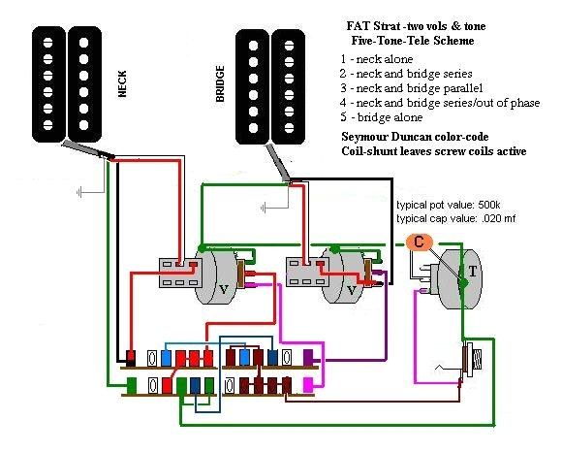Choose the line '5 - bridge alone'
(381, 116)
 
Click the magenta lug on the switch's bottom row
(309, 385)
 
